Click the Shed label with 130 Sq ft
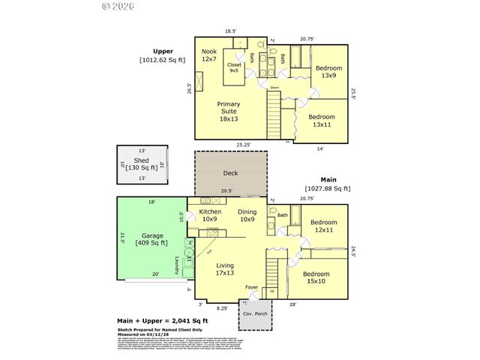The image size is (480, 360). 142,165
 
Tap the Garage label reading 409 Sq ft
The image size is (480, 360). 151,238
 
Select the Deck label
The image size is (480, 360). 230,173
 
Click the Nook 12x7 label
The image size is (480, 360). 209,55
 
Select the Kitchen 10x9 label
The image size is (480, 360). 211,216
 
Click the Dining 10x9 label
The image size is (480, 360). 248,216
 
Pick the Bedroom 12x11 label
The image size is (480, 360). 325,226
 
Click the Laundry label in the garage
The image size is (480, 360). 177,265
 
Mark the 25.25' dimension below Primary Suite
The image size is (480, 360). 241,144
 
